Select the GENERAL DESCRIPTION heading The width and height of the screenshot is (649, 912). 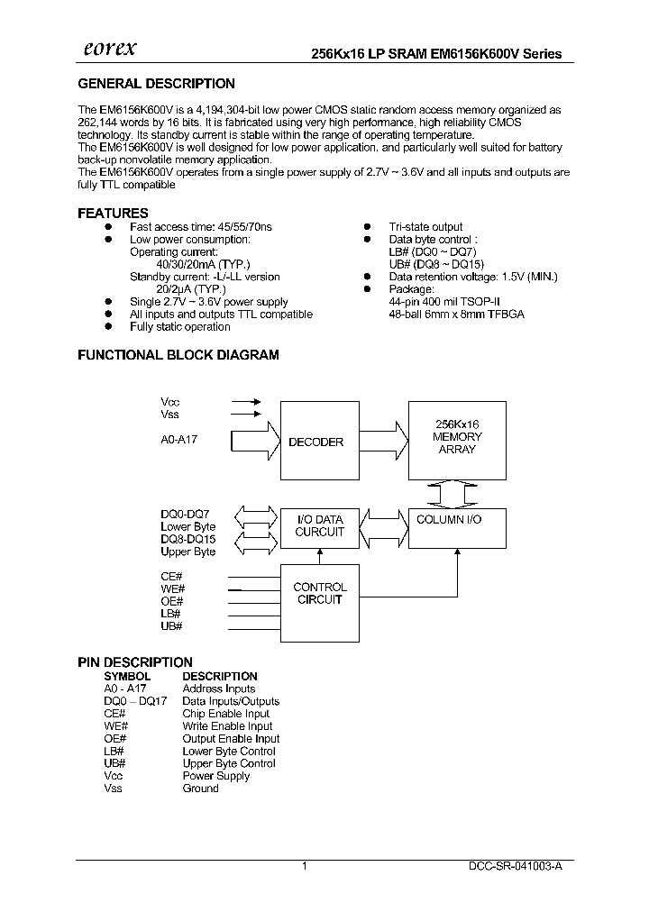pos(156,84)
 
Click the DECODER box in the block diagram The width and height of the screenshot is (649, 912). pos(315,442)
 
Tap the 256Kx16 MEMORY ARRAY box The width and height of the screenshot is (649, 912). pos(458,437)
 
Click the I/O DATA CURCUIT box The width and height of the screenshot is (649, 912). pos(319,525)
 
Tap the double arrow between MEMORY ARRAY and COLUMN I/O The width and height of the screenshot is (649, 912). pos(458,493)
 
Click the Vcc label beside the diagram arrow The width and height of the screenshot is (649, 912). pos(170,401)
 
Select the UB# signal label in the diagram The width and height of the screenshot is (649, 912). pos(171,625)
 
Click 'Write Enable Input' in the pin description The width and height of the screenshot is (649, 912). pos(227,725)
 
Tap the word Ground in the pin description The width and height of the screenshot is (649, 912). pos(200,789)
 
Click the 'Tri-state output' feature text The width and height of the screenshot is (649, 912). pos(425,227)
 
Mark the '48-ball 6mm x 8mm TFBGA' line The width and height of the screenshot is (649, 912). pos(456,315)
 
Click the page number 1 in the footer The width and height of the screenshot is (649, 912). pos(305,865)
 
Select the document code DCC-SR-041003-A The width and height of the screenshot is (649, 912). pos(516,865)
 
